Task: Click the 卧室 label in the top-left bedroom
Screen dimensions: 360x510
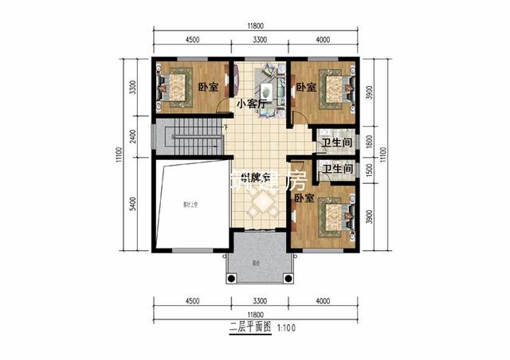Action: click(x=208, y=87)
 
